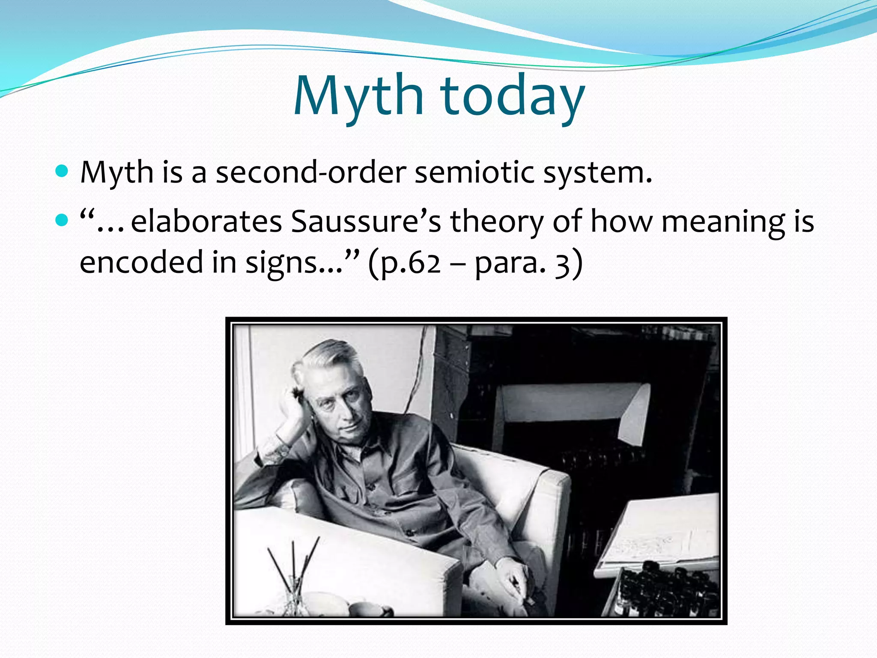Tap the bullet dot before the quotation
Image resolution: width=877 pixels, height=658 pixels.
62,221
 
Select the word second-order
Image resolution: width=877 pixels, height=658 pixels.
310,173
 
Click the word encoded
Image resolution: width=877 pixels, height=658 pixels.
141,262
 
